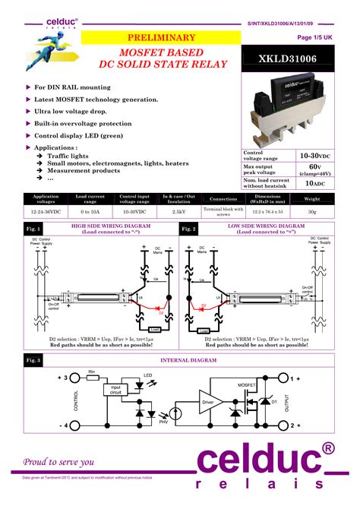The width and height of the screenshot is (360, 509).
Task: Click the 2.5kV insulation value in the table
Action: (180, 211)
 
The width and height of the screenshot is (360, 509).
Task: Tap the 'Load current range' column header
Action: (90, 199)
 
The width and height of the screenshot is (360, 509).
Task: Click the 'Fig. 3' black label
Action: (33, 359)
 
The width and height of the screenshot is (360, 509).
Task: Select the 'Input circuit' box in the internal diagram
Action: (115, 390)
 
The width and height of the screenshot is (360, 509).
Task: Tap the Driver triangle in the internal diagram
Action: (207, 401)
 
